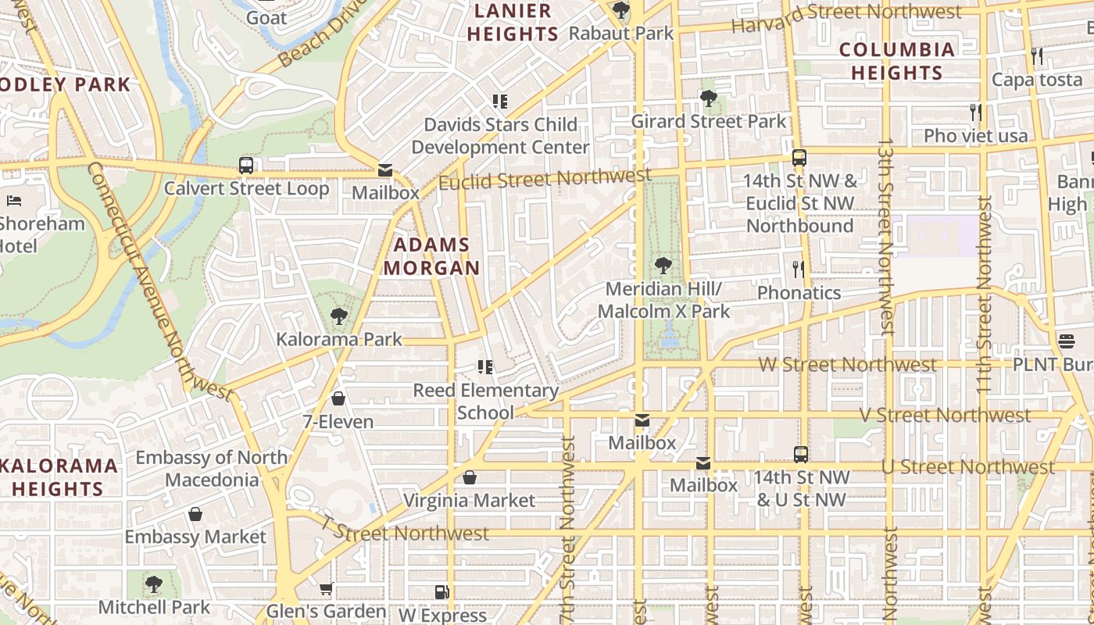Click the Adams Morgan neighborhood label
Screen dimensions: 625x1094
pyautogui.click(x=431, y=256)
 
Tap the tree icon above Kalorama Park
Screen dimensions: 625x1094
pyautogui.click(x=338, y=316)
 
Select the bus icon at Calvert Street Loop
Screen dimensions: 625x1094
pyautogui.click(x=246, y=166)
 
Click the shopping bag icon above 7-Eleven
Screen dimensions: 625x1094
pyautogui.click(x=338, y=398)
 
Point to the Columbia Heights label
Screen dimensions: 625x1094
pyautogui.click(x=897, y=61)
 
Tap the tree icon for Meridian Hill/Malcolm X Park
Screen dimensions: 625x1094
pyautogui.click(x=663, y=266)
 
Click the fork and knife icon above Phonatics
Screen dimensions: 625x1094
pyautogui.click(x=798, y=270)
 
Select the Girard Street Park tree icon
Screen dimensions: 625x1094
pyautogui.click(x=709, y=98)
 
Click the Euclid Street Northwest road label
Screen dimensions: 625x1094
pyautogui.click(x=545, y=179)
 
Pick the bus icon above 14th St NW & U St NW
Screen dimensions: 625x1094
pyautogui.click(x=801, y=454)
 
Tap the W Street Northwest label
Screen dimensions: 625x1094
pyautogui.click(x=847, y=365)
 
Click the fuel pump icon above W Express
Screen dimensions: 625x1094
pyautogui.click(x=442, y=593)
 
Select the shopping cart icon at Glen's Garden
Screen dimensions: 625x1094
pyautogui.click(x=327, y=588)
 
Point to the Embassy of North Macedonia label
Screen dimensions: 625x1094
pyautogui.click(x=211, y=468)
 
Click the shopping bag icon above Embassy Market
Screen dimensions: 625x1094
pyautogui.click(x=195, y=514)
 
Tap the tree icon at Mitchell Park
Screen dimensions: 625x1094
pyautogui.click(x=154, y=584)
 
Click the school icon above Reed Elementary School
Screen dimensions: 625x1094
pyautogui.click(x=485, y=367)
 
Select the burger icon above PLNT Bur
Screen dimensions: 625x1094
pyautogui.click(x=1067, y=341)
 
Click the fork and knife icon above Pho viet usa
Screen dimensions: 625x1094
pyautogui.click(x=975, y=112)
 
